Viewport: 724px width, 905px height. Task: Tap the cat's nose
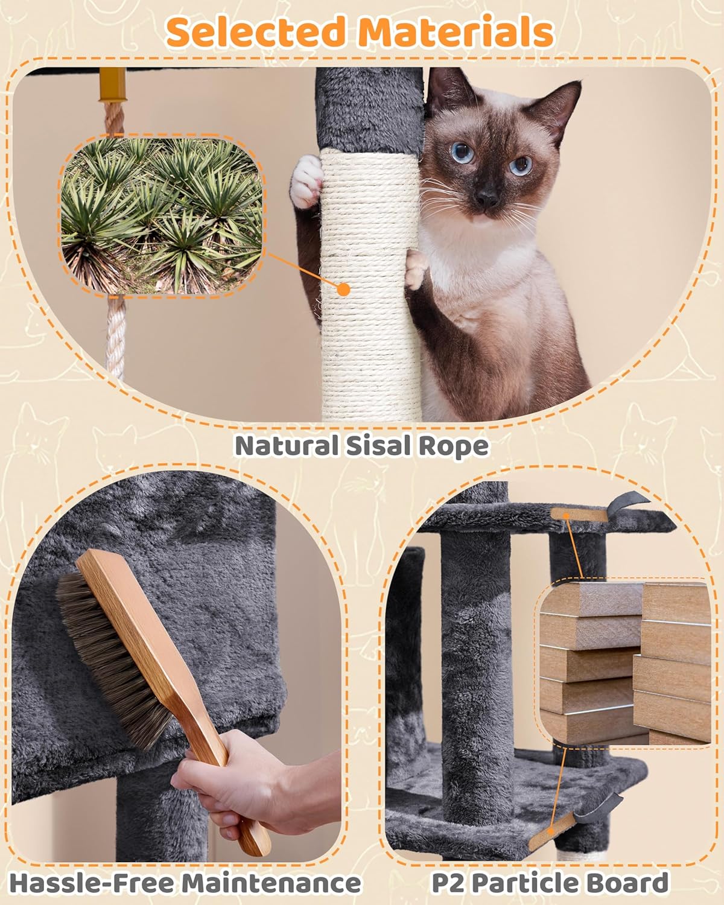(x=486, y=196)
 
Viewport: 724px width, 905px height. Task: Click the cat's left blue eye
(x=463, y=152)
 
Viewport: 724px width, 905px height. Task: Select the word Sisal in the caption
(x=386, y=446)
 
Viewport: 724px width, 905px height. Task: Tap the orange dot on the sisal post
(x=343, y=289)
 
